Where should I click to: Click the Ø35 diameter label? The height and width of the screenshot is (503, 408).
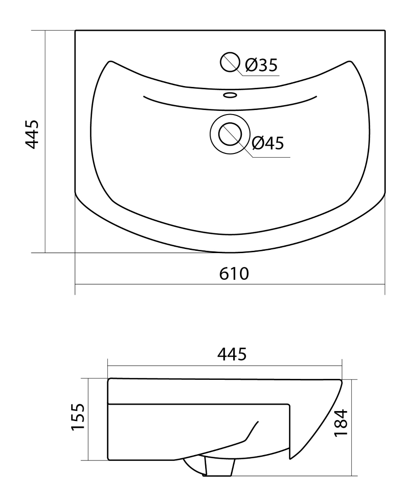(x=261, y=66)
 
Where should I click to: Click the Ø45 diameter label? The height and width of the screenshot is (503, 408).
(x=268, y=143)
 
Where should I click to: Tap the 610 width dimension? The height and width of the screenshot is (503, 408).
(x=234, y=273)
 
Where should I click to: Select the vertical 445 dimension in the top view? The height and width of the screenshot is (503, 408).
(x=32, y=134)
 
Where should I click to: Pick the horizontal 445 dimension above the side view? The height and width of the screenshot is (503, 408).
(x=232, y=354)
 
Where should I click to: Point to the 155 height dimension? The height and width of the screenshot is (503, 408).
(x=78, y=417)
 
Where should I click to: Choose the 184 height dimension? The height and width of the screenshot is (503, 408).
(x=341, y=422)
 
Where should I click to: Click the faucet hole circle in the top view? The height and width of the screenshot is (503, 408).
(x=230, y=62)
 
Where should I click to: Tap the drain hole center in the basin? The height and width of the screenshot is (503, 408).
(x=230, y=134)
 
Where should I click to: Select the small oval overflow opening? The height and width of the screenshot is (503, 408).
(x=230, y=95)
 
